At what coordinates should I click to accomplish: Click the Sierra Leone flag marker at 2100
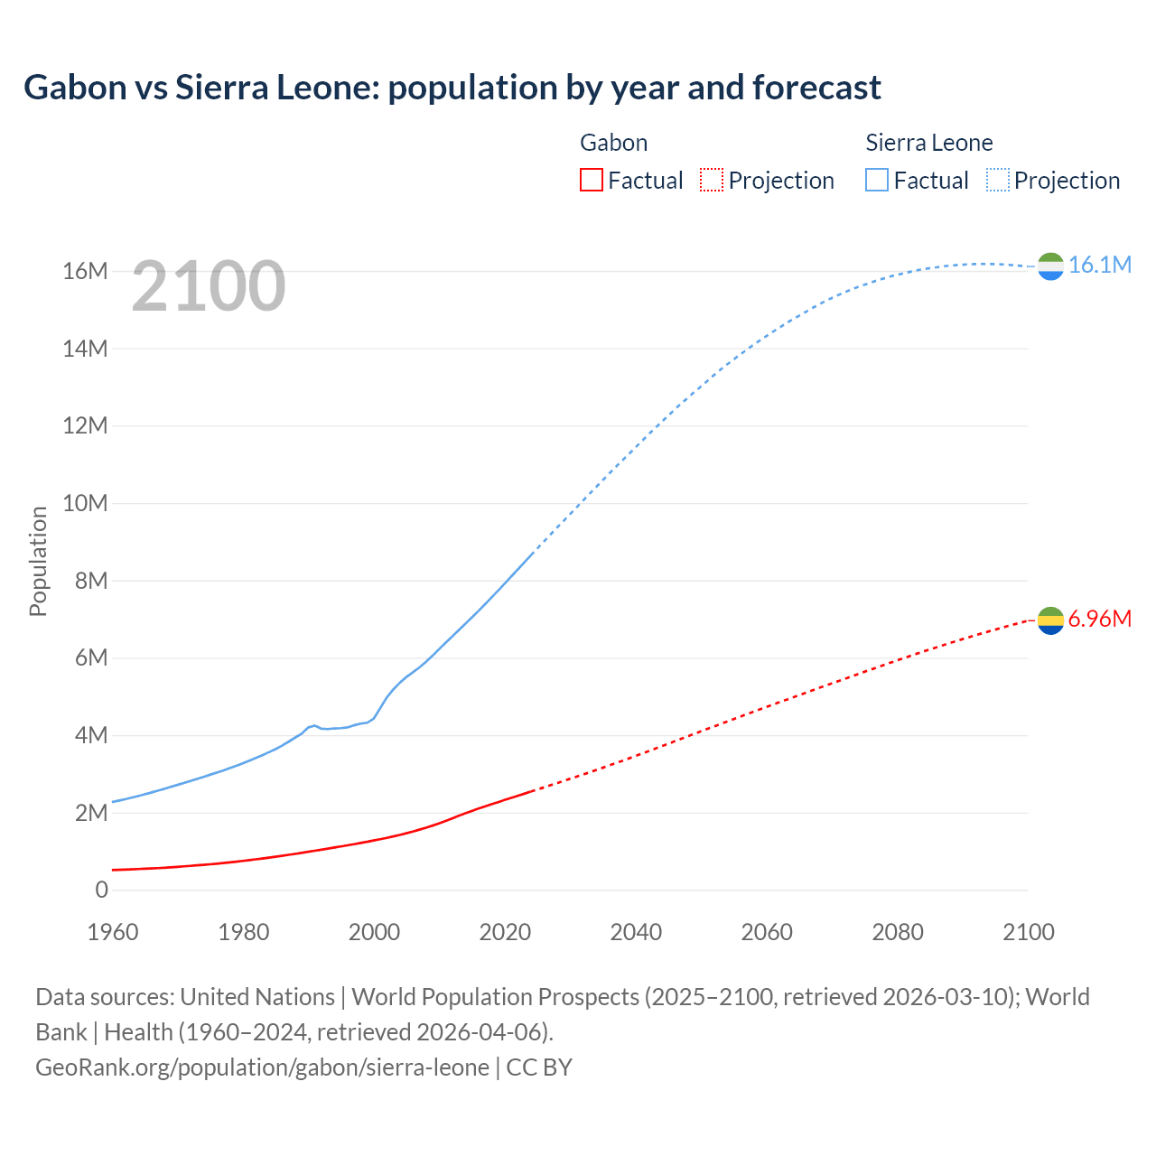(x=1050, y=266)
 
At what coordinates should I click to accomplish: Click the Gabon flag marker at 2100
(x=1050, y=620)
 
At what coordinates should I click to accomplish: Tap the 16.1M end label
(x=1100, y=265)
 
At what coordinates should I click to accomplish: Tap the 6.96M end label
(x=1100, y=619)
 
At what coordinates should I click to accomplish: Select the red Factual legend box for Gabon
(x=591, y=180)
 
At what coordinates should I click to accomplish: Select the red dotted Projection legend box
(x=712, y=180)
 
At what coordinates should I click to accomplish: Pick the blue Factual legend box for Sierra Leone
(x=877, y=180)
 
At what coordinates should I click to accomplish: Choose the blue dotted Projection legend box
(x=998, y=180)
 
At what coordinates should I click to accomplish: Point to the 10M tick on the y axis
(x=85, y=503)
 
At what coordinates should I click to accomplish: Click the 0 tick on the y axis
(x=101, y=890)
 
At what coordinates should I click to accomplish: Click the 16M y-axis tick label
(x=85, y=271)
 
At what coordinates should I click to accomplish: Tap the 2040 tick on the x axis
(x=636, y=932)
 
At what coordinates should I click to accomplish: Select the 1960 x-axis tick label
(x=113, y=932)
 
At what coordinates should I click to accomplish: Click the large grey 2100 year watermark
(x=209, y=286)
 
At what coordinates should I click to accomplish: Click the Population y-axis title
(x=38, y=561)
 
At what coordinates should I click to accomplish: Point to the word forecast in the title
(x=816, y=88)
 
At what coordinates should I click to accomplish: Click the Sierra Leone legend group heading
(x=928, y=143)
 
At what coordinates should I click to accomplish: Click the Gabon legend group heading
(x=613, y=143)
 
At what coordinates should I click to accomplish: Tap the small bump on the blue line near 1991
(x=314, y=725)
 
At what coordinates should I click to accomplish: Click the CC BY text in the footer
(x=539, y=1067)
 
